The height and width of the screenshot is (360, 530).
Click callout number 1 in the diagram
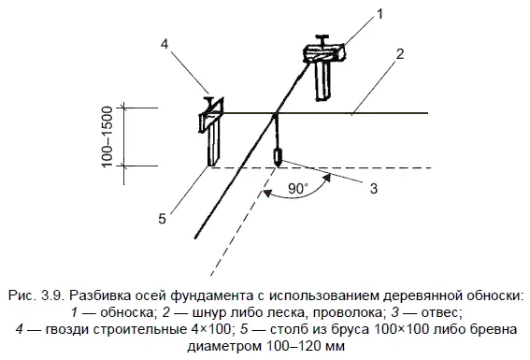coord(380,14)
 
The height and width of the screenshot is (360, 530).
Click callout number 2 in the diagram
coord(400,53)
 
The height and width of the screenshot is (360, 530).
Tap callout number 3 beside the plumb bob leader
coord(374,188)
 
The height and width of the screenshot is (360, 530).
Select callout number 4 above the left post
coord(165,44)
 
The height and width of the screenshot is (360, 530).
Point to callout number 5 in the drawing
coord(163,219)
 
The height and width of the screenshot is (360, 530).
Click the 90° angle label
coord(298,189)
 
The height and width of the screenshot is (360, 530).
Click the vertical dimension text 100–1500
coord(107,137)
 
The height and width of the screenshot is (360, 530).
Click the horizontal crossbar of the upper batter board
coord(324,53)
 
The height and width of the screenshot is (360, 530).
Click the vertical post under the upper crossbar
coord(323,80)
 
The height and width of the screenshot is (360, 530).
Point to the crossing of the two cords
coord(275,113)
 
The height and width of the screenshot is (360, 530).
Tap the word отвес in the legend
coord(440,312)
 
